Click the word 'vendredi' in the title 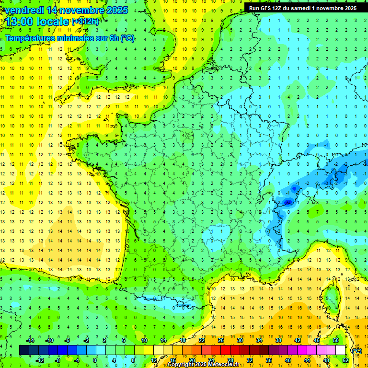[x=23, y=10]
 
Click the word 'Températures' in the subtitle [x=30, y=38]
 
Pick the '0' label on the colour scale [x=94, y=360]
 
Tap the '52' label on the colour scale [x=345, y=360]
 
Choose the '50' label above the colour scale [x=335, y=340]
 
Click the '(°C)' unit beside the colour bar [x=357, y=350]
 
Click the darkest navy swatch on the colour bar [x=24, y=350]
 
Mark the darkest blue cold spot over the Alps [x=287, y=202]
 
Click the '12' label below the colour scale [x=154, y=360]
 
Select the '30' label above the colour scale [x=240, y=340]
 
